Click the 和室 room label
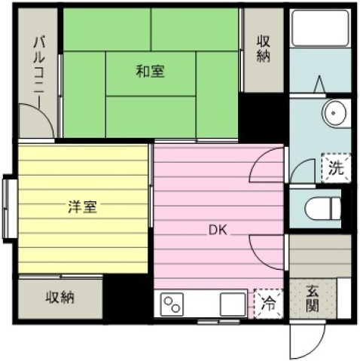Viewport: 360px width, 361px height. [x=150, y=72]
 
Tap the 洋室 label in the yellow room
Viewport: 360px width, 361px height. [x=82, y=207]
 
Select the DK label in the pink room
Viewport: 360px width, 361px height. [x=218, y=230]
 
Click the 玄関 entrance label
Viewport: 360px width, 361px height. [x=313, y=298]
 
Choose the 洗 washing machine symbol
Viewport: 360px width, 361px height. [x=336, y=168]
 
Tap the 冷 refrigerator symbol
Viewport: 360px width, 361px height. [x=268, y=304]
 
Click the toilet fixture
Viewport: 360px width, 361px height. [x=323, y=209]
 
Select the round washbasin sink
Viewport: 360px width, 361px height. [x=334, y=113]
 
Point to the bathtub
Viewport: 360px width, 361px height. [x=320, y=29]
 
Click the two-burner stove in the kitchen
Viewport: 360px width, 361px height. [x=172, y=304]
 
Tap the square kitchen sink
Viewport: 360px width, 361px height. [x=233, y=304]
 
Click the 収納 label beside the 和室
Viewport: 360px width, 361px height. [x=264, y=49]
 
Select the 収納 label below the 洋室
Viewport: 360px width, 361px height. [x=59, y=298]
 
